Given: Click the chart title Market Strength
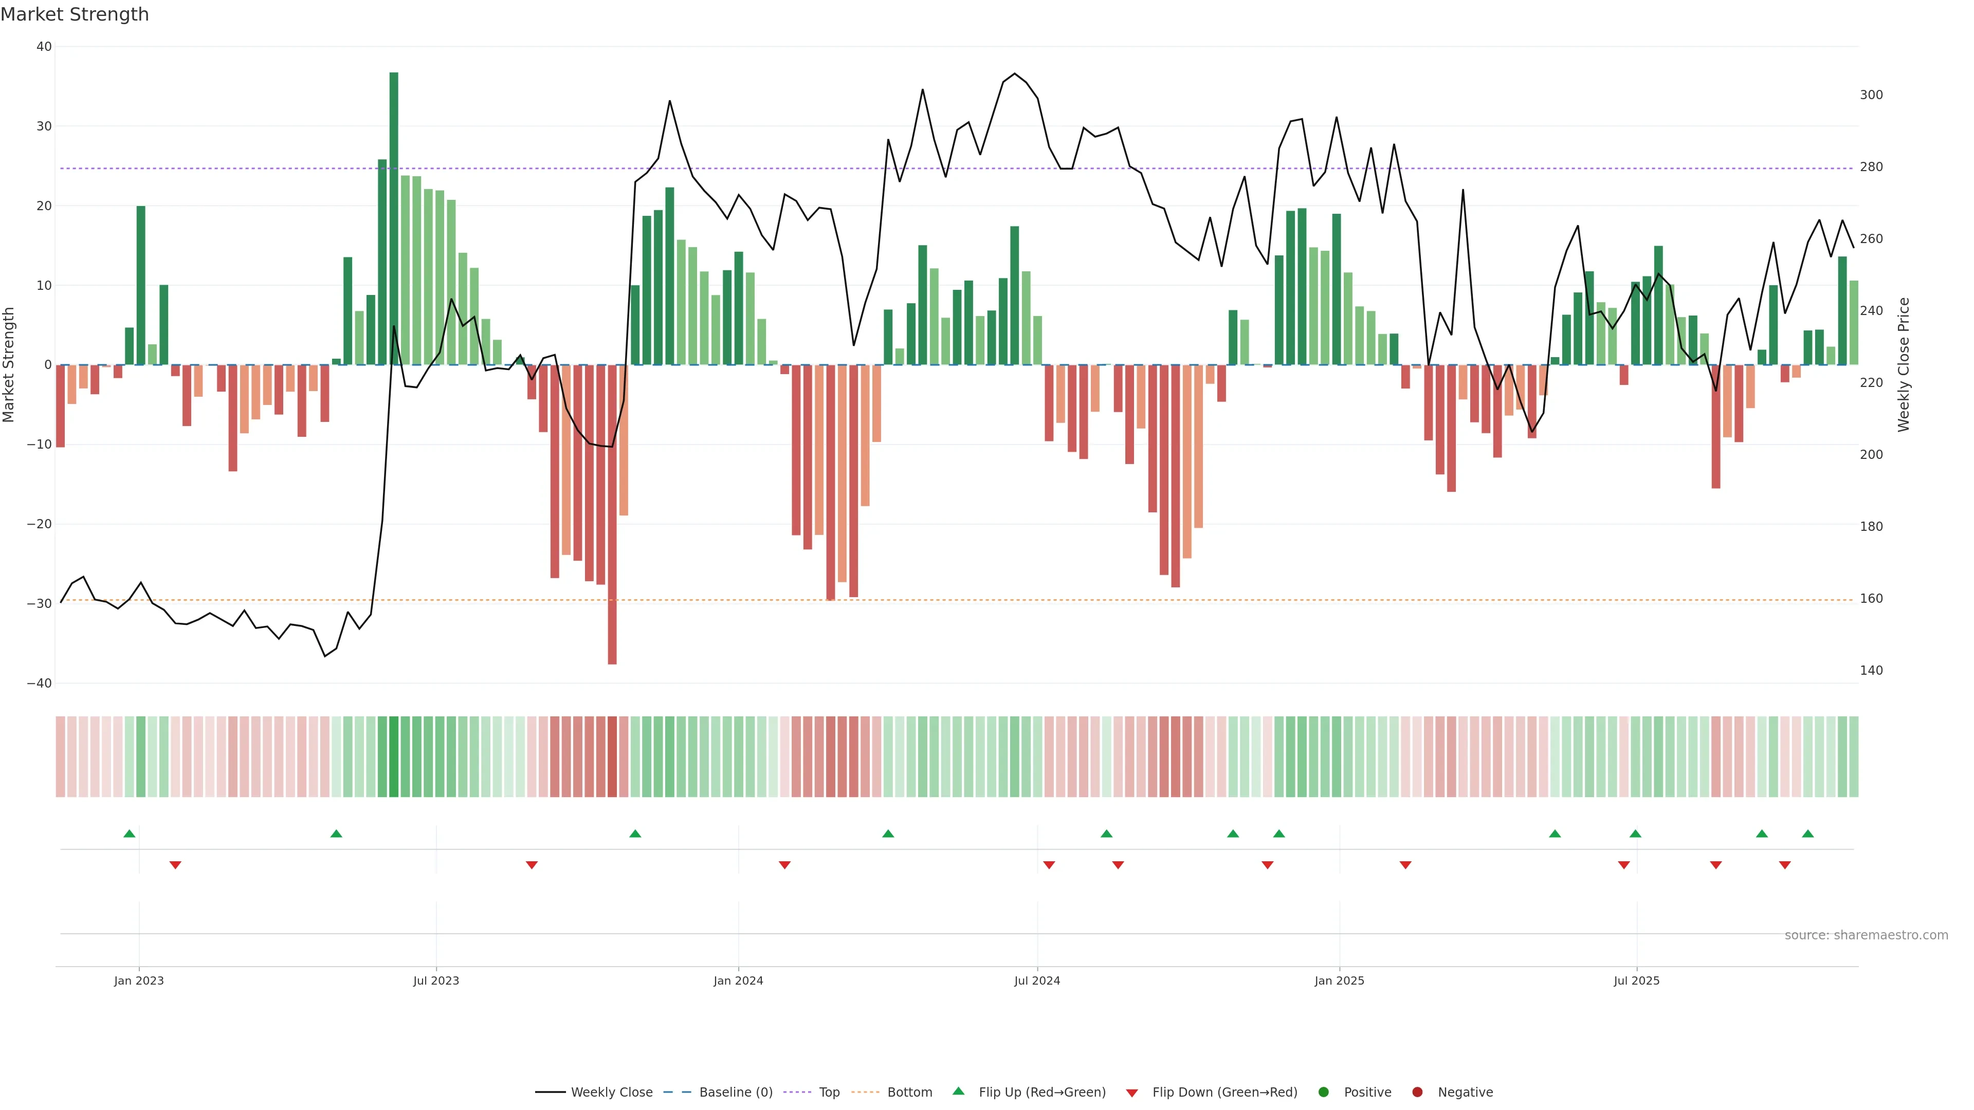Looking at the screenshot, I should click(x=75, y=14).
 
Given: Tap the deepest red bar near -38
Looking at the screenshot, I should click(x=612, y=513).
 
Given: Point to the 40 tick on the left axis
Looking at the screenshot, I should click(x=44, y=47).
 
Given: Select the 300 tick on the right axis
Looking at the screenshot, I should click(x=1871, y=95).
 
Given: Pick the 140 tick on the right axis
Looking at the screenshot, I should click(x=1871, y=670).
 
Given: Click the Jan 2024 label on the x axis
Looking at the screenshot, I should click(x=738, y=980).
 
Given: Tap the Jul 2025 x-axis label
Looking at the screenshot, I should click(x=1636, y=980).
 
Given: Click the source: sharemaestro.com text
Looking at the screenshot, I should click(x=1866, y=935).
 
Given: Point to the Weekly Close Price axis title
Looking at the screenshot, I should click(x=1904, y=365).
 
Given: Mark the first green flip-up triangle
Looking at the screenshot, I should click(x=130, y=834).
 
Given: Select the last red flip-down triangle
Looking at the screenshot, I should click(x=1785, y=865).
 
